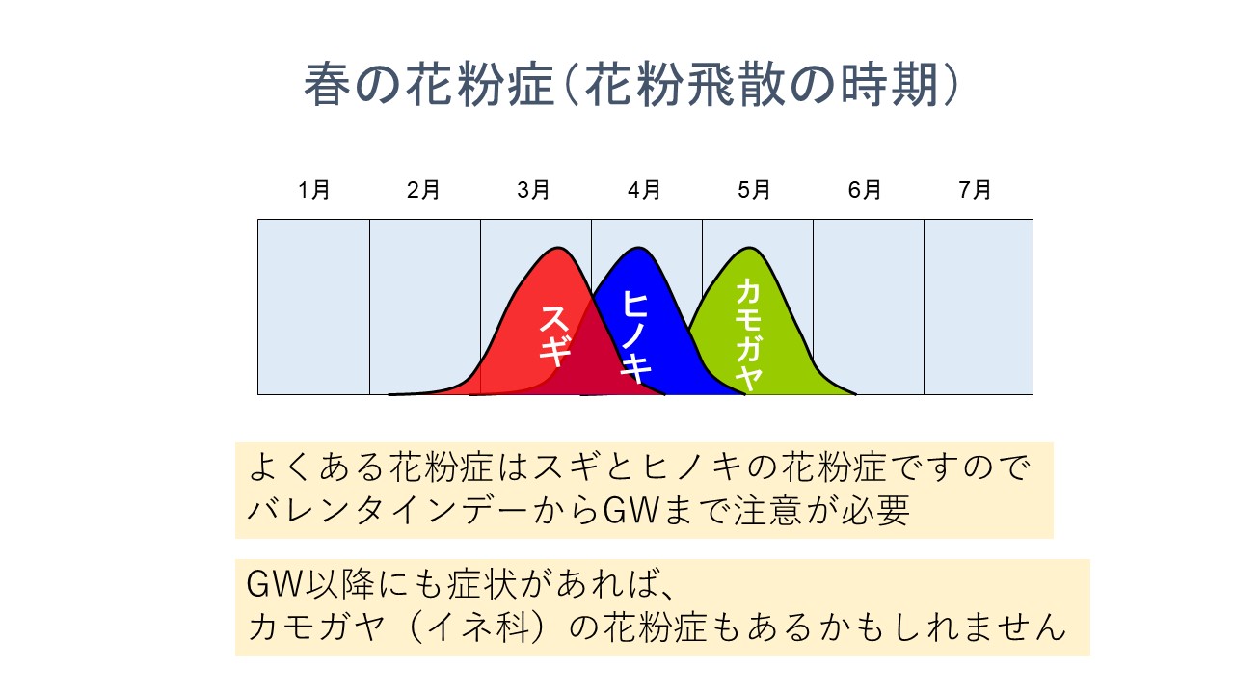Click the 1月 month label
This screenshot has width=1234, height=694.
coord(314,190)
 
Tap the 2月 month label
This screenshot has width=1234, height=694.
coord(423,190)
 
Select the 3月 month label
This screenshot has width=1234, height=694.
coord(534,190)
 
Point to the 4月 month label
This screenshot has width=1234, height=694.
coord(644,190)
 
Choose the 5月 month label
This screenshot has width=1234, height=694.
coord(754,190)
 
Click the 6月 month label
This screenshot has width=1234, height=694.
coord(865,190)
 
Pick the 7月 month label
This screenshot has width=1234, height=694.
coord(975,190)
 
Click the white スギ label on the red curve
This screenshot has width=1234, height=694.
coord(554,336)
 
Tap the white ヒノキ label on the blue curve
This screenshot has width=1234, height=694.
coord(636,337)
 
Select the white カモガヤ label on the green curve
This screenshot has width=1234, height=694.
coord(749,334)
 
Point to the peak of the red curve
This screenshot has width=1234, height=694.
coord(558,249)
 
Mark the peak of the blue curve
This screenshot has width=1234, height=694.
coord(638,249)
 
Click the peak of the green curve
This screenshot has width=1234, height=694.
coord(749,249)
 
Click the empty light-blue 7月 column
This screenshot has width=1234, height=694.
coord(979,307)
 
